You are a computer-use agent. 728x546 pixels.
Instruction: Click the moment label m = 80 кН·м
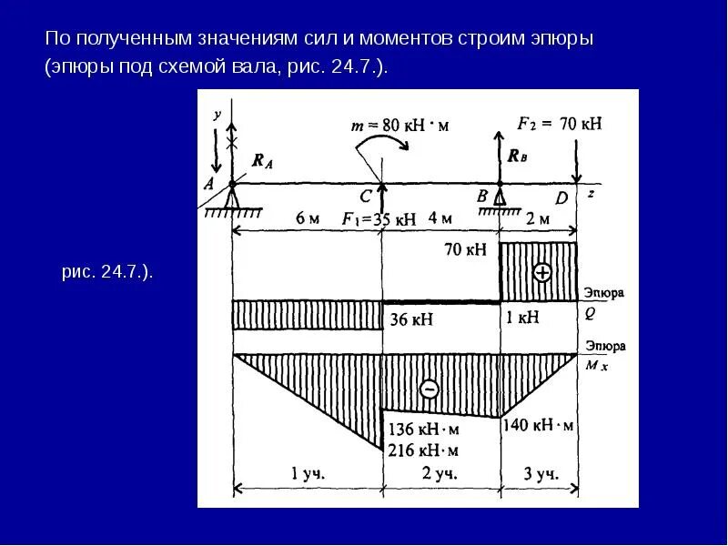point(400,125)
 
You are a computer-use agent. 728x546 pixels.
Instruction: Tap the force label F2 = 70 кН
point(560,123)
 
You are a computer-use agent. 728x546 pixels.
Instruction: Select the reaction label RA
point(262,162)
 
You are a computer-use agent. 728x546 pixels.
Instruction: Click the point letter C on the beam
point(366,197)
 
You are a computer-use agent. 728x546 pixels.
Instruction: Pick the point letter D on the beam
point(561,197)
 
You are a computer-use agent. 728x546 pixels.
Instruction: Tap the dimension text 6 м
point(308,218)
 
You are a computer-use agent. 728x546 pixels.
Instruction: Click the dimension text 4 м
point(440,218)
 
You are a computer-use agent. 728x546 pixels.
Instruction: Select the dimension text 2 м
point(539,218)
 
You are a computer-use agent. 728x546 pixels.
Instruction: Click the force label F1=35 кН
point(379,219)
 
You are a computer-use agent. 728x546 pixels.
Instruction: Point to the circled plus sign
point(543,272)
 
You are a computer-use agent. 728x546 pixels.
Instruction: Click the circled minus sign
point(430,389)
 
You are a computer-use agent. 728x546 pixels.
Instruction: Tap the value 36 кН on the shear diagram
point(410,319)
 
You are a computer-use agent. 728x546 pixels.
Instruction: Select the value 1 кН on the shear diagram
point(523,318)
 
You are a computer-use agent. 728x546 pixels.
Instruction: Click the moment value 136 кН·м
point(422,429)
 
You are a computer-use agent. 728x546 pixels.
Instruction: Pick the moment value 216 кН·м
point(422,450)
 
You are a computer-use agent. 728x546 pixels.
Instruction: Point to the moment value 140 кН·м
point(539,425)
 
